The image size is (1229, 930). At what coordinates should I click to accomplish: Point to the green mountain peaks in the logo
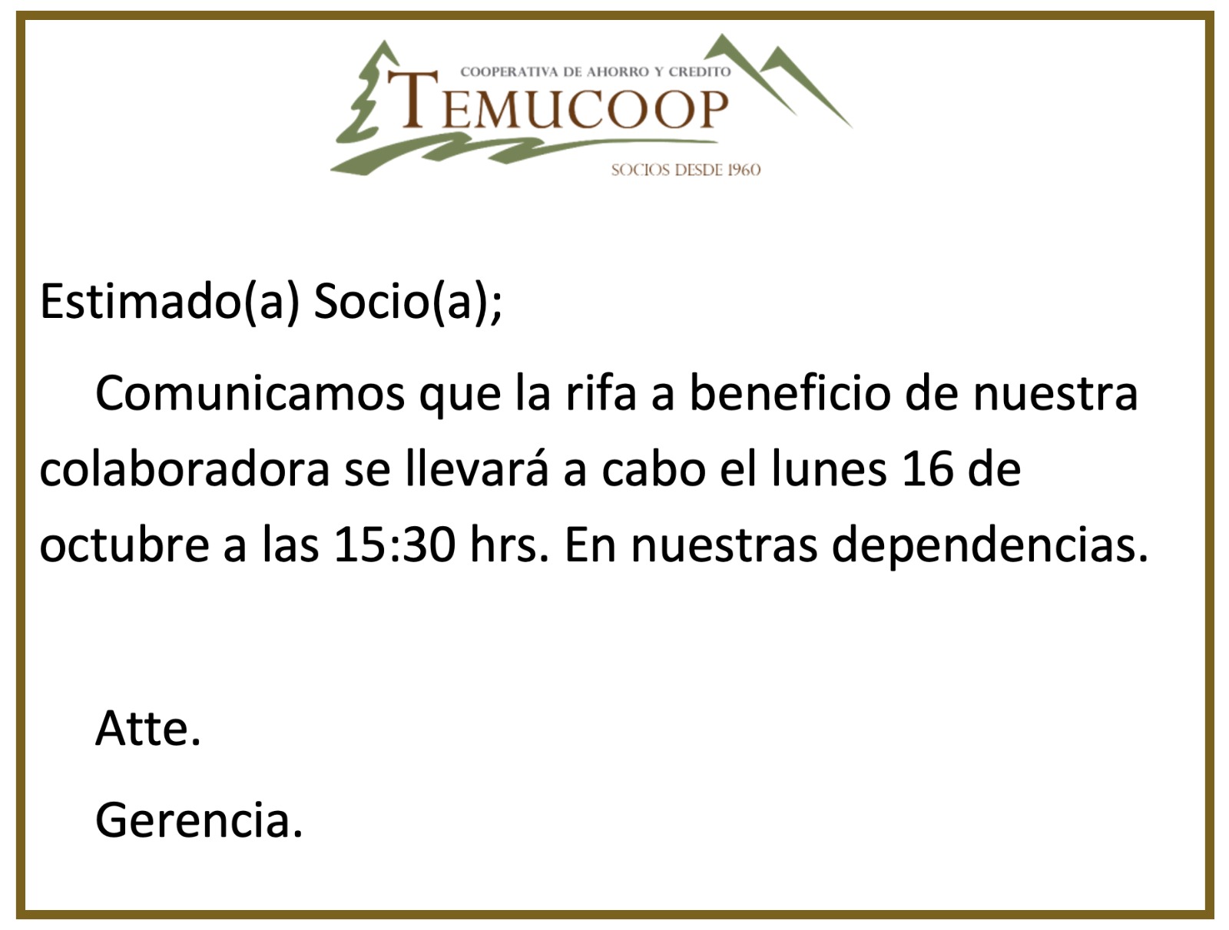coord(778,78)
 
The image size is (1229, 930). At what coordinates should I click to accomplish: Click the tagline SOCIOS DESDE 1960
coord(686,170)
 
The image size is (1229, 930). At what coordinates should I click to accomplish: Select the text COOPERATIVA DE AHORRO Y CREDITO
coord(596,71)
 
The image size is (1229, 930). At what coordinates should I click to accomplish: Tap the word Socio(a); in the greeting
coord(408,302)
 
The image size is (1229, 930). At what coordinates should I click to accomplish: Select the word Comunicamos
coord(250,393)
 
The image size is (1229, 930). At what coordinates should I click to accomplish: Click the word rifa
coord(600,392)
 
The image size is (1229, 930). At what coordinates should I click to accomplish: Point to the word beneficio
coord(790,392)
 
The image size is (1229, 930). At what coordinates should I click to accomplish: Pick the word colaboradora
coord(185,469)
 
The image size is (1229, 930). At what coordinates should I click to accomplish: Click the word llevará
coord(477,469)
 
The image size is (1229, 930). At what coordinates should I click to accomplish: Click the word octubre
coord(125,544)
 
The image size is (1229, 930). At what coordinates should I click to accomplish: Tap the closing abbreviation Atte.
coord(148,728)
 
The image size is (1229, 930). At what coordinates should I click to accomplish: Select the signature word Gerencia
coord(199,819)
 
